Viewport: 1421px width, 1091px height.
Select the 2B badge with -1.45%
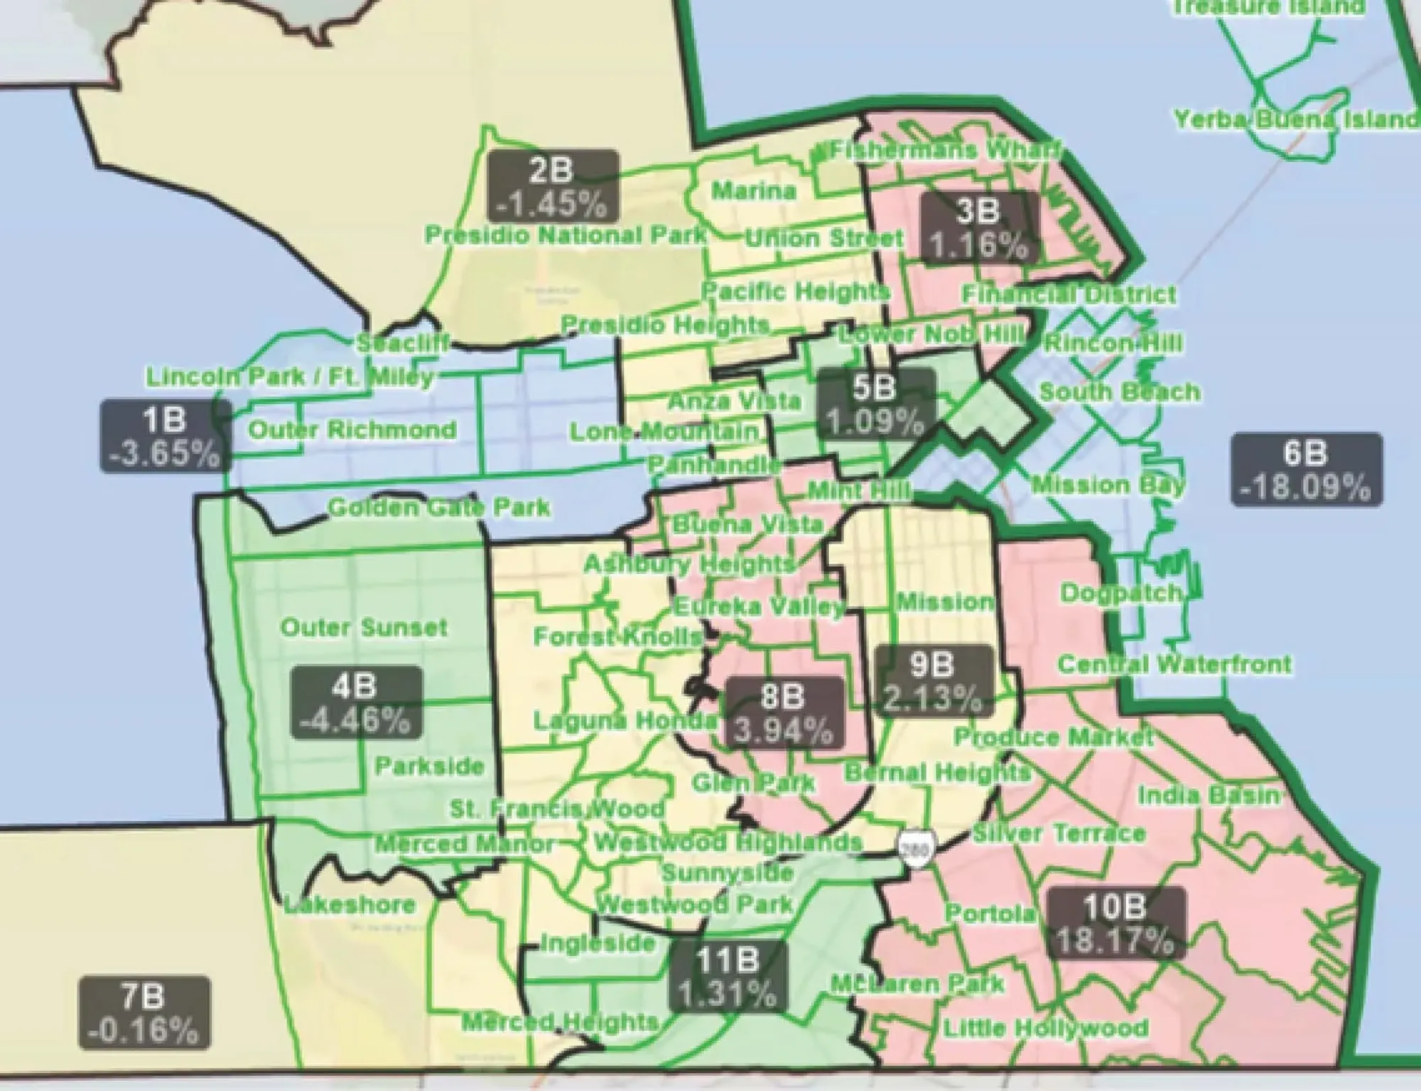[x=553, y=186]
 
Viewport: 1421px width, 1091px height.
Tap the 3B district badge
[x=978, y=227]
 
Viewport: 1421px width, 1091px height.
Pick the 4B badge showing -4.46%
[x=356, y=702]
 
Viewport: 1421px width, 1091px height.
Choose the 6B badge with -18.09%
[x=1307, y=469]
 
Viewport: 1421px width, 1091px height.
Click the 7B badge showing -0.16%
[x=144, y=1013]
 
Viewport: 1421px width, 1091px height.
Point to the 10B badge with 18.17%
[x=1115, y=923]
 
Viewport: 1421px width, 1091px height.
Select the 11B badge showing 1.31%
[x=727, y=976]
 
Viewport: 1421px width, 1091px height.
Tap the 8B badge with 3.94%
[x=783, y=712]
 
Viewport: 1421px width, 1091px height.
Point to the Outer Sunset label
[x=364, y=628]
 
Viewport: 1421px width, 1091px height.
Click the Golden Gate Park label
[x=439, y=507]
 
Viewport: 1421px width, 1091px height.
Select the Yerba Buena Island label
[x=1295, y=119]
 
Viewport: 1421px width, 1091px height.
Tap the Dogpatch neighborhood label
[x=1120, y=593]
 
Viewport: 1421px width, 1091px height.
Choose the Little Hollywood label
[x=1045, y=1028]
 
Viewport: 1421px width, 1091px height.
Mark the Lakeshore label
[x=350, y=905]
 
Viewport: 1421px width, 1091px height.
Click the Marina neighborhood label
[x=754, y=190]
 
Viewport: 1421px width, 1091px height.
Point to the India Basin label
[x=1209, y=796]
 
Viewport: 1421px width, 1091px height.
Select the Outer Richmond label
[x=352, y=430]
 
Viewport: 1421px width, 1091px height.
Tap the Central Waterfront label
[x=1174, y=664]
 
